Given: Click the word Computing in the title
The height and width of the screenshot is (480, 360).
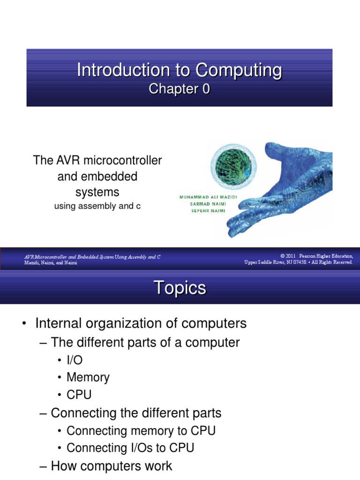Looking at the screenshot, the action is click(239, 71).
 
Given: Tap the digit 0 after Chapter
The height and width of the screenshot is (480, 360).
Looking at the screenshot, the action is click(206, 89).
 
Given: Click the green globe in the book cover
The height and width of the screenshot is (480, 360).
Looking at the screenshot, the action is click(233, 165).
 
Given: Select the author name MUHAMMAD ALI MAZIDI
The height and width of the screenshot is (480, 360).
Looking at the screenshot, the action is click(208, 197).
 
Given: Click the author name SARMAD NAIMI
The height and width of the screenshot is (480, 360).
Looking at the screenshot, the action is click(208, 204).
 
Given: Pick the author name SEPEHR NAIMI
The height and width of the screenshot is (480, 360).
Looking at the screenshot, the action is click(208, 210).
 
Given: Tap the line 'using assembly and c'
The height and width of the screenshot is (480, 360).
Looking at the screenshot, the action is click(97, 206).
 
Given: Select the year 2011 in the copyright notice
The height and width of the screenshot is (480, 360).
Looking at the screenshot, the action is click(291, 256).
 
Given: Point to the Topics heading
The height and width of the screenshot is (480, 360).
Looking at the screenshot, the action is click(180, 288).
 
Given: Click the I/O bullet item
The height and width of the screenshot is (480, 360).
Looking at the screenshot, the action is click(75, 360).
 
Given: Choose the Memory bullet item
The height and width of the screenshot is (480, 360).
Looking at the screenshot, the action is click(88, 377).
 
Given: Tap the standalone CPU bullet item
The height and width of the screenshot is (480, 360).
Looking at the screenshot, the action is click(79, 395).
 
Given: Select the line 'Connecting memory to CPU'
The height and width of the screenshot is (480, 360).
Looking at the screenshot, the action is click(141, 431).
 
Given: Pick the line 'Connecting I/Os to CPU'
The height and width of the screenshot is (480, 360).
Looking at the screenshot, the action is click(130, 448).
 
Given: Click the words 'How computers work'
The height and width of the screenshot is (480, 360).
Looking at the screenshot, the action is click(112, 466).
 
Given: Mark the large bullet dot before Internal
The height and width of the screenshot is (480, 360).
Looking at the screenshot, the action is click(24, 323).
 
